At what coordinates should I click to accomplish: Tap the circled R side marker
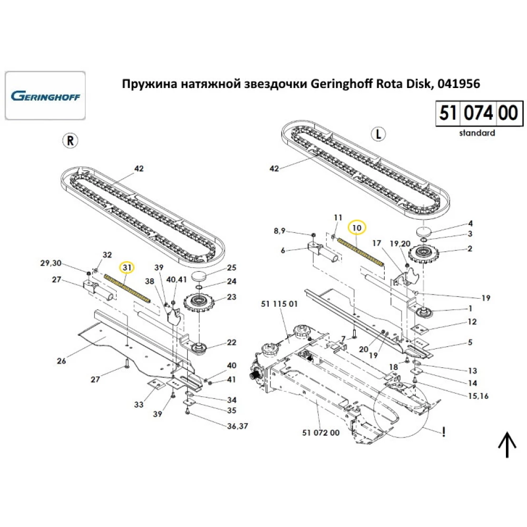point(70,140)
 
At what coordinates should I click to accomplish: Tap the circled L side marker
point(377,134)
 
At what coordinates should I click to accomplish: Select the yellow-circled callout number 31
point(126,268)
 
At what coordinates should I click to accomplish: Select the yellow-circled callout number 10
point(358,227)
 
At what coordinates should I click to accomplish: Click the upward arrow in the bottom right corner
point(507,445)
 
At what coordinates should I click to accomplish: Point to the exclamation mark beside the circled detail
point(445,432)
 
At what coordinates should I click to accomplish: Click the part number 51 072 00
point(321,433)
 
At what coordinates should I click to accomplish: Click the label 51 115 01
point(279,304)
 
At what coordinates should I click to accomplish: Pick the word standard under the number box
point(476,133)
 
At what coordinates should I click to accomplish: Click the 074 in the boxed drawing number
point(479,113)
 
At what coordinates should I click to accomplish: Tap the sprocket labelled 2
point(424,255)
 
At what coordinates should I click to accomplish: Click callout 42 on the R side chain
point(139,169)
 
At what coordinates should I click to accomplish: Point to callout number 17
point(376,243)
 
